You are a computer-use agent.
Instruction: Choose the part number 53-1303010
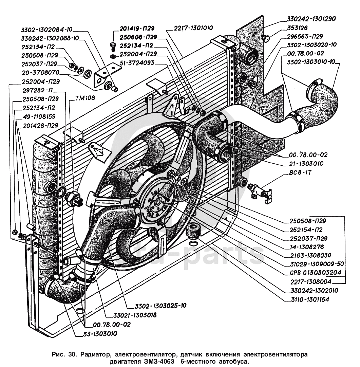point(100,333)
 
